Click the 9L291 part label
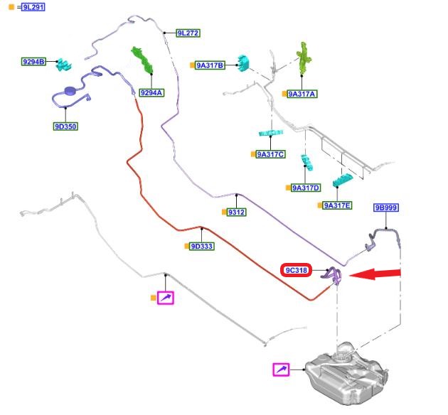point(33,8)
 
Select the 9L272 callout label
point(188,33)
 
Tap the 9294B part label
point(33,62)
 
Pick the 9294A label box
point(151,92)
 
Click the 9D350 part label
point(65,127)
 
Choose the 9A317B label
point(210,65)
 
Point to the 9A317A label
point(302,94)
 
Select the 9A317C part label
point(270,154)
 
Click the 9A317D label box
point(306,188)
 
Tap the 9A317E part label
point(338,205)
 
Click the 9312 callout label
point(236,212)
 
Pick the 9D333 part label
point(203,246)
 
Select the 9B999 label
point(386,207)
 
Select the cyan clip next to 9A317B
point(245,63)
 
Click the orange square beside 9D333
point(188,246)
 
